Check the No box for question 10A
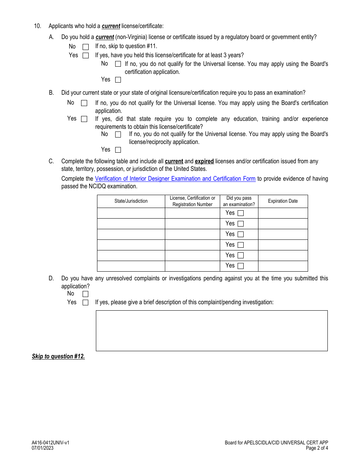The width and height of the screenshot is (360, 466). [x=86, y=47]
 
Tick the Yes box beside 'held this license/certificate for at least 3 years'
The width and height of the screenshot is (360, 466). [x=118, y=80]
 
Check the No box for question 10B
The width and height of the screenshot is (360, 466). [x=84, y=103]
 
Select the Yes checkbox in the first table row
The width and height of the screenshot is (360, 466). [x=241, y=213]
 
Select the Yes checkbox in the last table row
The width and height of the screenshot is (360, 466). [x=241, y=266]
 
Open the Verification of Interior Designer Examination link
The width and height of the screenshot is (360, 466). [x=175, y=179]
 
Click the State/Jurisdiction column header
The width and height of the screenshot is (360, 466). [x=131, y=201]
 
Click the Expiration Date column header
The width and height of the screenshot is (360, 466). [x=283, y=201]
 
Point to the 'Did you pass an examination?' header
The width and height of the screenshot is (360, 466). [x=239, y=201]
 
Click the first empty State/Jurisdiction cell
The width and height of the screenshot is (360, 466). [x=131, y=213]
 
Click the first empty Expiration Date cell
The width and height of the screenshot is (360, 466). [x=283, y=213]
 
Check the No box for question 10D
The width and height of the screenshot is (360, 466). [x=86, y=294]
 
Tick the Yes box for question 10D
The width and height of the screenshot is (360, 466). [x=86, y=303]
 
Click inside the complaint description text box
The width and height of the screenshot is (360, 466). [x=211, y=331]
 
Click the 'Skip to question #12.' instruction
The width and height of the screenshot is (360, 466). [x=58, y=357]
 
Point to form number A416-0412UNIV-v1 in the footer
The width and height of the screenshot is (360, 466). [x=50, y=443]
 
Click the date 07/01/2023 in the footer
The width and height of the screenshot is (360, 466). [x=42, y=448]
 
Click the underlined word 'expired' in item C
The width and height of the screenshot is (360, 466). [x=204, y=161]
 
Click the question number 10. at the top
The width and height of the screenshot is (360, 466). [x=37, y=26]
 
